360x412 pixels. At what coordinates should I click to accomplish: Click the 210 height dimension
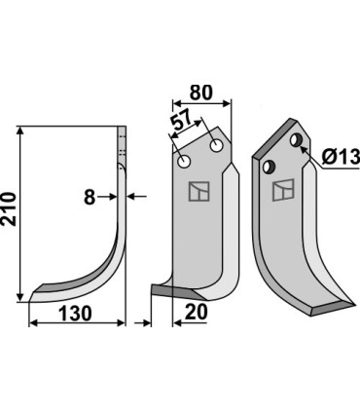point(10,210)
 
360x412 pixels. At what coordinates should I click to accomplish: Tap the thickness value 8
point(90,198)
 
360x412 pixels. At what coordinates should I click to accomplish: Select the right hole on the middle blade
point(215,146)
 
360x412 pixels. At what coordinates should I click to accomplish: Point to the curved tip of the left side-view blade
point(37,291)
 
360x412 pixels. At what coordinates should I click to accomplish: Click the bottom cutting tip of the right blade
point(321,310)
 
